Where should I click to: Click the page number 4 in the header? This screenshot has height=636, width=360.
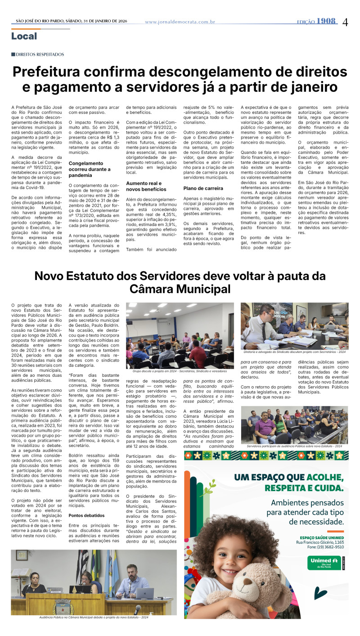[345, 22]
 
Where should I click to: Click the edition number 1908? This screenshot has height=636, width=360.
[326, 21]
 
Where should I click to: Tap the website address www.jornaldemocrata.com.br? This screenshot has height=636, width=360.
[180, 22]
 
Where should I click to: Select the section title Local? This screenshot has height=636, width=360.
[24, 36]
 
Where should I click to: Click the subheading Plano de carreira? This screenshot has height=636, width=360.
[203, 188]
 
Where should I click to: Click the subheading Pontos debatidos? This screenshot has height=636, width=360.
[87, 515]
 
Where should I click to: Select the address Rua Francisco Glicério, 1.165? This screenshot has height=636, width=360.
[320, 542]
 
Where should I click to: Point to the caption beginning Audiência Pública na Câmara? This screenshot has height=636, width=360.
[94, 617]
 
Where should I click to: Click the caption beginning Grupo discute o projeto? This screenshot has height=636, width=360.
[180, 371]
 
